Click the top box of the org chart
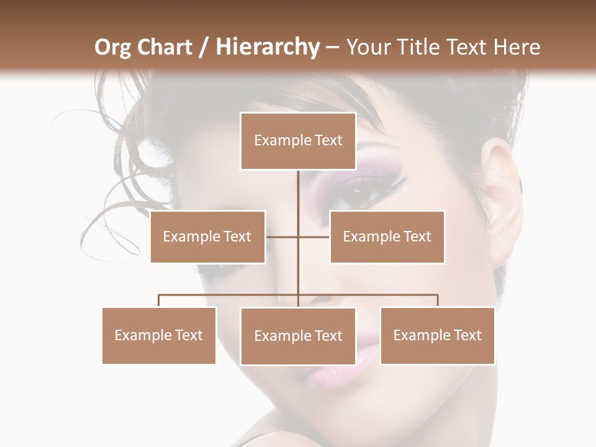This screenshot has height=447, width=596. point(298,141)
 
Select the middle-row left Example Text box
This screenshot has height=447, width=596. point(207,237)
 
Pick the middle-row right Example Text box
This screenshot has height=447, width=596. point(387,237)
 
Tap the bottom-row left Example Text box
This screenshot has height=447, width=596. point(159,335)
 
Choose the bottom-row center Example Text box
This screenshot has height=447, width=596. point(298,336)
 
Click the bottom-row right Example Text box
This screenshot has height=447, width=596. point(437,335)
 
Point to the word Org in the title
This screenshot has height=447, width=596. point(113,47)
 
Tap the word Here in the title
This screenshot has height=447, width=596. point(517,47)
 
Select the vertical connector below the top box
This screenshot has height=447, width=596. point(298,192)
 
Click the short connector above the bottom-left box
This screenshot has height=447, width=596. point(159,300)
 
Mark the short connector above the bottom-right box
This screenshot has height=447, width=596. point(438,300)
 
